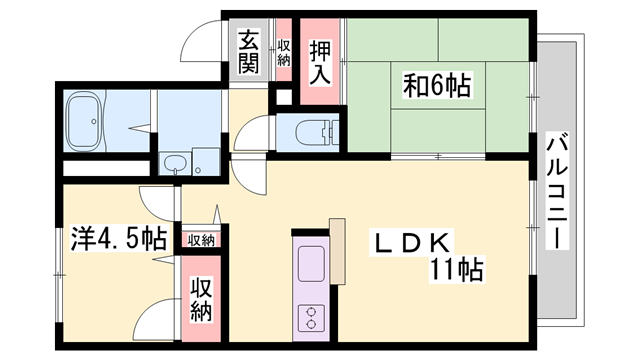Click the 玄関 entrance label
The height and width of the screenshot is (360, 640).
[249, 53]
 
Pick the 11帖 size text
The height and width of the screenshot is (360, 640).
[458, 270]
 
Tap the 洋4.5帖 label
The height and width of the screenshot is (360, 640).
[118, 240]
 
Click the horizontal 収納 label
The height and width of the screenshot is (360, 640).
[202, 240]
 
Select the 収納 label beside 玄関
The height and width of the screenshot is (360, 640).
[283, 50]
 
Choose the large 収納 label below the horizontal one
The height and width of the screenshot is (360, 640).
[202, 299]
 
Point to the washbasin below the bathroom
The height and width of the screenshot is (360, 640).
[176, 164]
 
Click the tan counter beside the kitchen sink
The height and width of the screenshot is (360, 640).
[337, 250]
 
